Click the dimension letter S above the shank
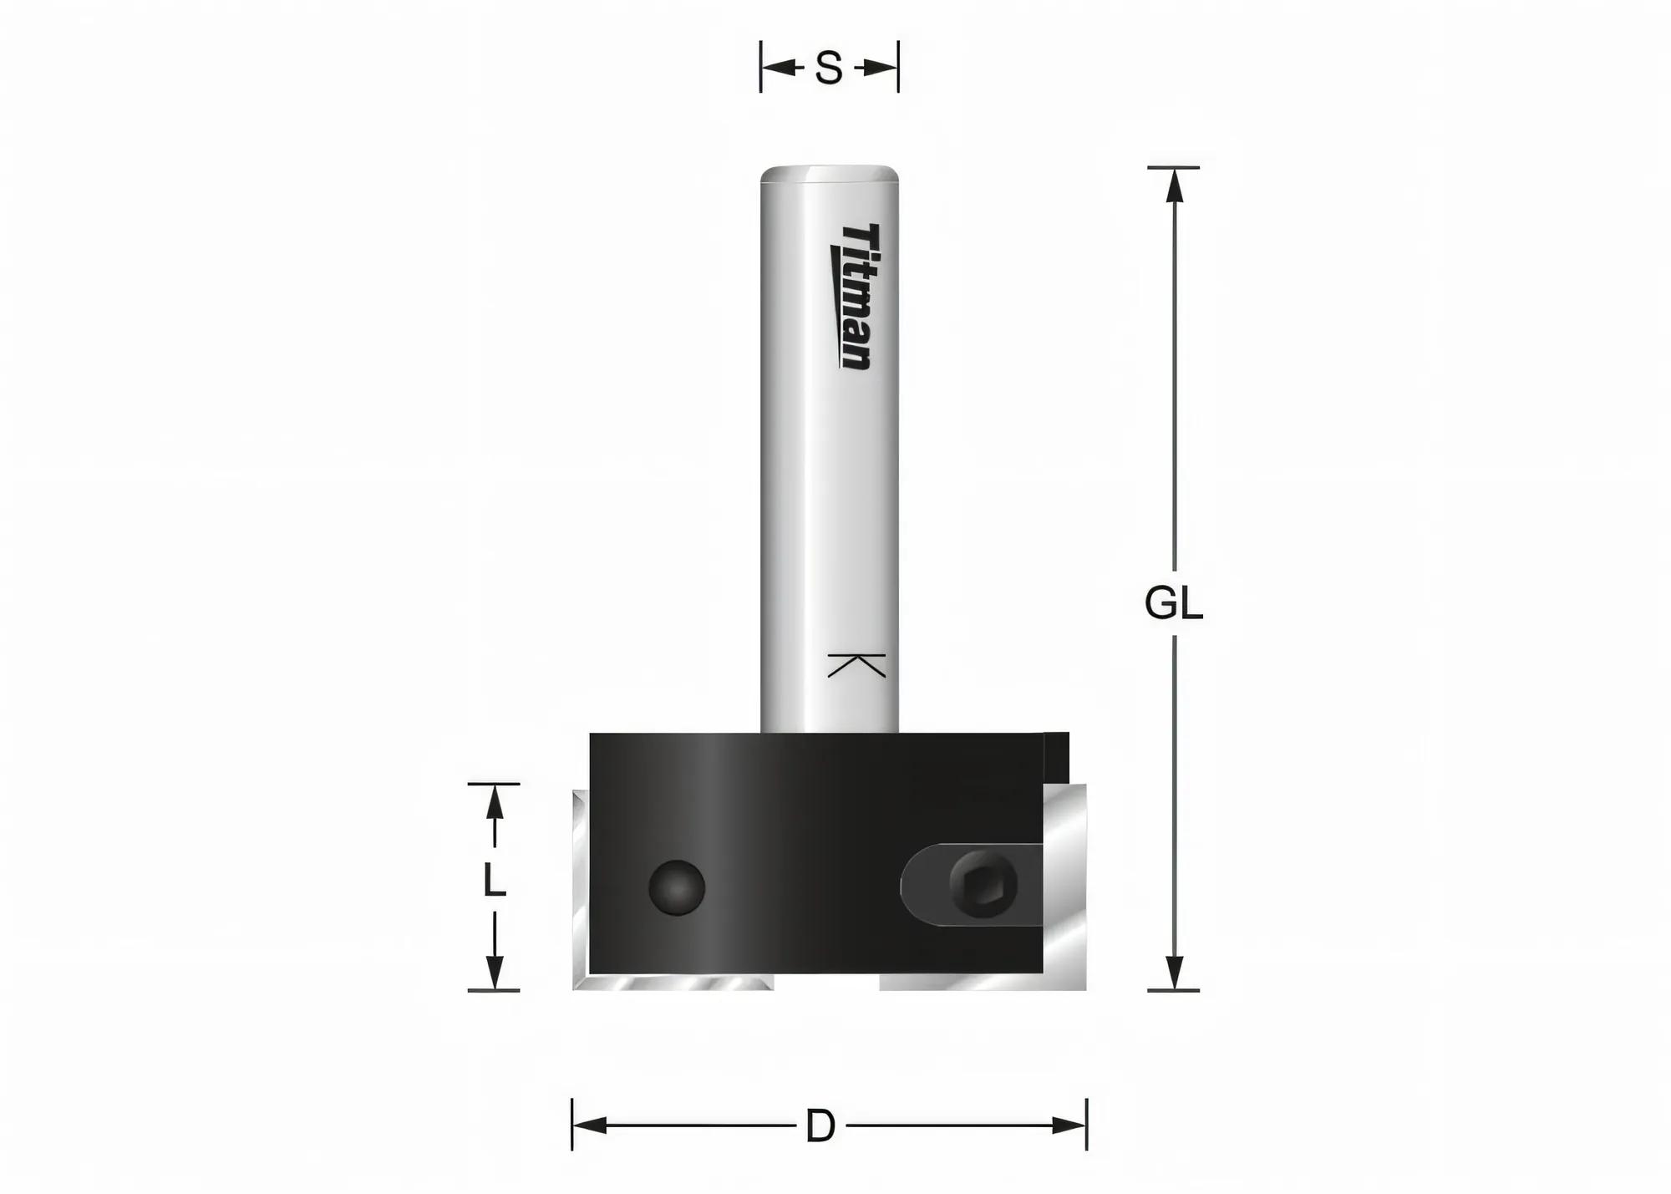coord(828,69)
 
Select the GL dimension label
coord(1174,603)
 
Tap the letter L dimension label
coord(495,880)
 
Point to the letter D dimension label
coord(820,1126)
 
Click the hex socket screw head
coord(983,886)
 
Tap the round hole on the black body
coord(677,887)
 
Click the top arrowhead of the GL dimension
coord(1175,185)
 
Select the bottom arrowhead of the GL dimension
coord(1175,973)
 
